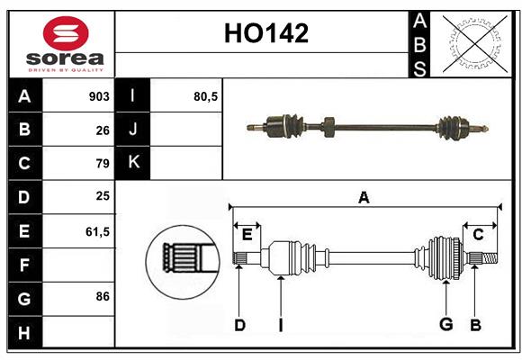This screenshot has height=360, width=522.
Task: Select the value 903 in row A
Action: pyautogui.click(x=99, y=96)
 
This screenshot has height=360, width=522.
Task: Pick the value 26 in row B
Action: pyautogui.click(x=102, y=130)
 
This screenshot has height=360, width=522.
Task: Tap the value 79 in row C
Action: pyautogui.click(x=102, y=164)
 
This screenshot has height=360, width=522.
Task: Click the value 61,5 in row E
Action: pyautogui.click(x=97, y=231)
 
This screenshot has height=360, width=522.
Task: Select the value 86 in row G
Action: pyautogui.click(x=102, y=296)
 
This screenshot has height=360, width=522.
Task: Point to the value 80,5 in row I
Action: pyautogui.click(x=206, y=96)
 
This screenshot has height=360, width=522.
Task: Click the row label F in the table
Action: pyautogui.click(x=24, y=265)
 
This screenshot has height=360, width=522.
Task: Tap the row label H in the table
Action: pyautogui.click(x=24, y=332)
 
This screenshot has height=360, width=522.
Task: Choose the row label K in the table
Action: pyautogui.click(x=134, y=163)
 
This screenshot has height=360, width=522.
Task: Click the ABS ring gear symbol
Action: pyautogui.click(x=472, y=43)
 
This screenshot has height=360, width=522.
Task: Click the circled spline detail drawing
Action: pyautogui.click(x=183, y=260)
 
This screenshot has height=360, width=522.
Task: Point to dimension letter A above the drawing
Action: pyautogui.click(x=364, y=197)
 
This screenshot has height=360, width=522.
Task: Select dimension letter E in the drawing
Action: pyautogui.click(x=247, y=235)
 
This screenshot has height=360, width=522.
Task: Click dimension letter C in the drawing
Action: pyautogui.click(x=478, y=235)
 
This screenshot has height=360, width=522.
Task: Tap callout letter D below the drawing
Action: pyautogui.click(x=239, y=325)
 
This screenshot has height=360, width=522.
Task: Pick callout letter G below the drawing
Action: pyautogui.click(x=445, y=325)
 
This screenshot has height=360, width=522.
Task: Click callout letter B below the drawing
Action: pyautogui.click(x=475, y=325)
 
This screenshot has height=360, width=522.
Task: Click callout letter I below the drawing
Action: pyautogui.click(x=280, y=325)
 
